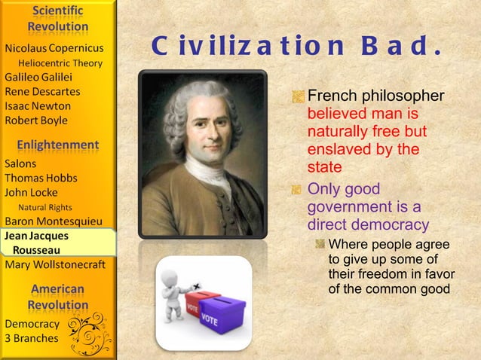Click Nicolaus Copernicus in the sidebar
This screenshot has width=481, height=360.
(54, 48)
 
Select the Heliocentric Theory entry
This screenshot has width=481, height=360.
(60, 63)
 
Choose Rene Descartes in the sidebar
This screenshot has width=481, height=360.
(42, 91)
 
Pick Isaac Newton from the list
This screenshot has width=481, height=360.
(38, 105)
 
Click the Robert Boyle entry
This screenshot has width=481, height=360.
(36, 121)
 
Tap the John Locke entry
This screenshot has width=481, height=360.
(31, 192)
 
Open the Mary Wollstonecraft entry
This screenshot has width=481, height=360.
(55, 264)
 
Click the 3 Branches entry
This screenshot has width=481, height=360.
(31, 338)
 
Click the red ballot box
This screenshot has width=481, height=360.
(201, 301)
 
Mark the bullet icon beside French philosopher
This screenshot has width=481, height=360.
(299, 96)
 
